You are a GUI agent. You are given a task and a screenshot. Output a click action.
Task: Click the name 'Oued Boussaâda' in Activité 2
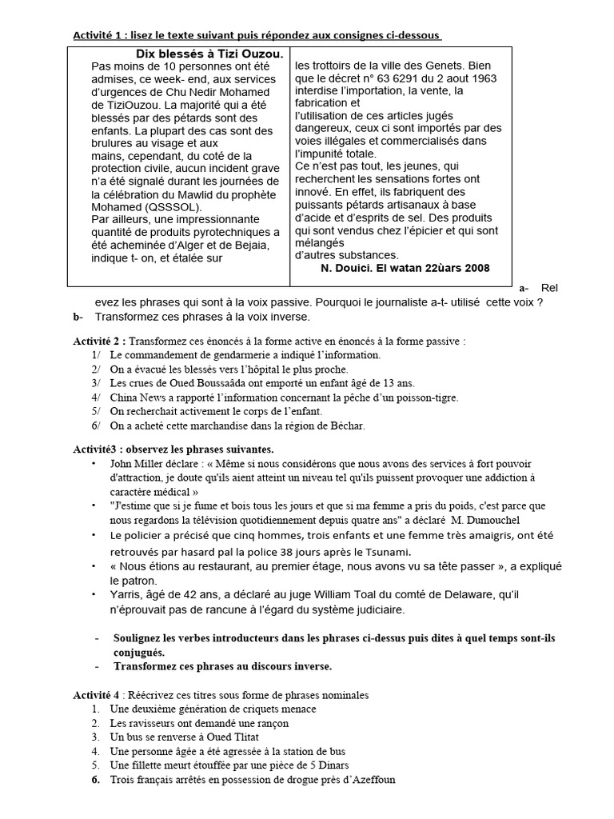pos(186,383)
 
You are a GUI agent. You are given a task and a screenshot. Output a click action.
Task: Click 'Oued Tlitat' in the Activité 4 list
pos(230,737)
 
